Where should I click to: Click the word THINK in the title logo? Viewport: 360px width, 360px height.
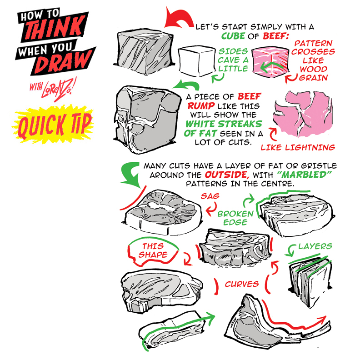point(54,28)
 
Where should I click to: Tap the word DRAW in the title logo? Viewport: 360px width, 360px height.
point(63,61)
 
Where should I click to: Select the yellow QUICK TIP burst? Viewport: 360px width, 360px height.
point(53,124)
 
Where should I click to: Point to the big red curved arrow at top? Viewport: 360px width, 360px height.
point(178,18)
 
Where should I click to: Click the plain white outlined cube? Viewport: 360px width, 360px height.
point(197,61)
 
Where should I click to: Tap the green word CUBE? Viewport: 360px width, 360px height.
point(233,36)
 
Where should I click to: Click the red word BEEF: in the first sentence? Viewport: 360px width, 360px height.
point(275,36)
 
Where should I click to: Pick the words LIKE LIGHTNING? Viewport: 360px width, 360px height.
point(298,147)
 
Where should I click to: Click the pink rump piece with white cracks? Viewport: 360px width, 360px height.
point(303,114)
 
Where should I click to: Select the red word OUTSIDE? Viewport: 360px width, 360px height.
point(227,175)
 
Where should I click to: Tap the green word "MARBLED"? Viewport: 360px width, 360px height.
point(304,175)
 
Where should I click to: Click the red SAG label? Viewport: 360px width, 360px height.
point(210,196)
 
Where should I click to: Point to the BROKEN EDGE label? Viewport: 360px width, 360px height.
point(235,218)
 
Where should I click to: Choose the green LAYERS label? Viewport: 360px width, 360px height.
point(315,246)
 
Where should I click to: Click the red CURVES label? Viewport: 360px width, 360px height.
point(242,284)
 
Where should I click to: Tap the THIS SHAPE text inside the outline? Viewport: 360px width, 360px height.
point(153,250)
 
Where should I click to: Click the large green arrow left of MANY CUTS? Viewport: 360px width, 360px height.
point(130,175)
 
